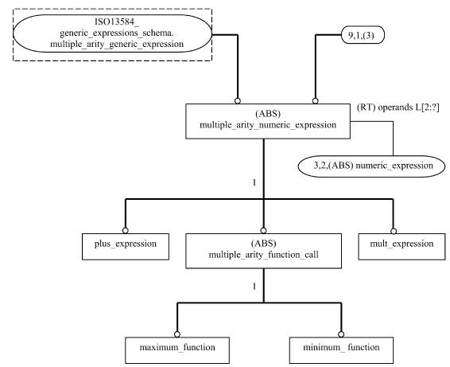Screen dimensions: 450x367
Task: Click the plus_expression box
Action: click(x=126, y=247)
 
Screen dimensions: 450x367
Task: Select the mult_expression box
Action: click(x=402, y=247)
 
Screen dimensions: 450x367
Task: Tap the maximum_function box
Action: click(x=177, y=350)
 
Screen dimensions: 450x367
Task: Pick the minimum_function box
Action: click(x=341, y=350)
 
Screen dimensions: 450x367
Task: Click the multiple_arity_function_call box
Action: click(x=263, y=251)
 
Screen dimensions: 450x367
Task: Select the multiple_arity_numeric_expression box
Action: click(x=268, y=121)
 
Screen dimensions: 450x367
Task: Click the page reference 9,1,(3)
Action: click(x=363, y=35)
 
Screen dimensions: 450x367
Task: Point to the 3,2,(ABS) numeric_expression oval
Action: click(x=371, y=166)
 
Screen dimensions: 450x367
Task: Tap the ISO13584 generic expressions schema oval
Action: click(x=113, y=33)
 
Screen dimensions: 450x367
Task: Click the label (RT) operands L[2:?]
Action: click(x=398, y=107)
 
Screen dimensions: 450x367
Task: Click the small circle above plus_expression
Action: click(x=125, y=231)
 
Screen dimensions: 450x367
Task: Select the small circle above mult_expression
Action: click(x=394, y=231)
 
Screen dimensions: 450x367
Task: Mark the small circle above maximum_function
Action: click(x=177, y=334)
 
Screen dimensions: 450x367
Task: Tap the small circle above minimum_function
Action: click(x=341, y=334)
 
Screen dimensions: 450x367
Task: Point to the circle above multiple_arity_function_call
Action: click(x=263, y=231)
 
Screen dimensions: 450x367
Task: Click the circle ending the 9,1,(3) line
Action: click(x=315, y=101)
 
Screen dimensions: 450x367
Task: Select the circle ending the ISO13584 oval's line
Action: click(x=238, y=101)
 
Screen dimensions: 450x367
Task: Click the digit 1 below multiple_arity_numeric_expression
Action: click(x=254, y=183)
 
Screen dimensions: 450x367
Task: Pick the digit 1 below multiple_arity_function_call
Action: click(x=254, y=287)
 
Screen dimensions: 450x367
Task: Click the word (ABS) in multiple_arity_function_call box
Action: click(x=263, y=244)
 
